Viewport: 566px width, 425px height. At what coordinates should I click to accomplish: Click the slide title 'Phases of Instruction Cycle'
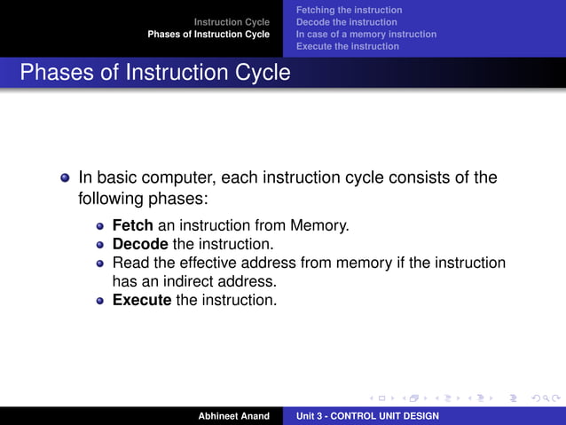pyautogui.click(x=155, y=72)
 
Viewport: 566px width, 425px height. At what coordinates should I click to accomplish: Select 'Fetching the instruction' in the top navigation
pyautogui.click(x=349, y=10)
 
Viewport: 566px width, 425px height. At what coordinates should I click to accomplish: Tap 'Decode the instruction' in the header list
pyautogui.click(x=346, y=21)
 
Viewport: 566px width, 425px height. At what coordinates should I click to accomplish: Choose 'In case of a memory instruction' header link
pyautogui.click(x=366, y=34)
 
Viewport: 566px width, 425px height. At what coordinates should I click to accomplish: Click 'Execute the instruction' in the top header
pyautogui.click(x=347, y=46)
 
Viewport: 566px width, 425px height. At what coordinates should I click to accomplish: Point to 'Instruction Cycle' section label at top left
pyautogui.click(x=232, y=21)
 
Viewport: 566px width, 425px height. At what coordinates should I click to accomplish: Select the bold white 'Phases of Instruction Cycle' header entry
pyautogui.click(x=208, y=34)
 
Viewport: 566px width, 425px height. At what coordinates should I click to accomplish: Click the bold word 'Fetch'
pyautogui.click(x=132, y=225)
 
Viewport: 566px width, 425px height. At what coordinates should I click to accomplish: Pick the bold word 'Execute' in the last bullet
pyautogui.click(x=141, y=300)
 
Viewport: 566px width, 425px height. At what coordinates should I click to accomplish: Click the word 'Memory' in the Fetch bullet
pyautogui.click(x=320, y=225)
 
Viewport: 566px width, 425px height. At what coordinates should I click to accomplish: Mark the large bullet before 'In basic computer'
pyautogui.click(x=65, y=177)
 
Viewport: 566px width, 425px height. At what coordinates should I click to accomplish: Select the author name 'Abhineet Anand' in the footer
pyautogui.click(x=234, y=415)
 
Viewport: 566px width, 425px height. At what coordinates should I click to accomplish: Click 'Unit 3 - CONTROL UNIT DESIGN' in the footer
pyautogui.click(x=367, y=415)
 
